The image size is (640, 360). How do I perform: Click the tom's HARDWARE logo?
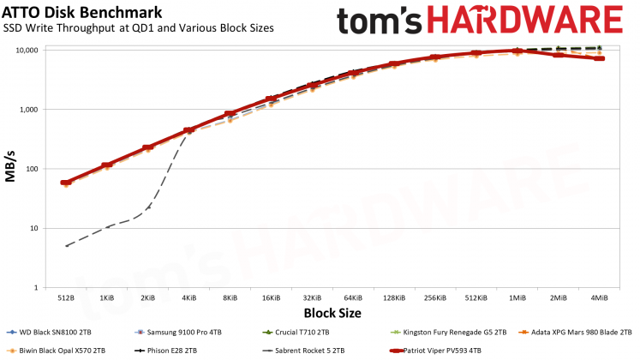click(479, 23)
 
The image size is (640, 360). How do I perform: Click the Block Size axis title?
click(332, 313)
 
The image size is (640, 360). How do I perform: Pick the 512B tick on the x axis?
click(66, 298)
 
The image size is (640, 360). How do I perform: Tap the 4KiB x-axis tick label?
click(189, 298)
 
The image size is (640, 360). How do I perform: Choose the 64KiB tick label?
click(353, 298)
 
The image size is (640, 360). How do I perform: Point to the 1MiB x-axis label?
click(517, 298)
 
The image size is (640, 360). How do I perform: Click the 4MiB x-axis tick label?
click(599, 298)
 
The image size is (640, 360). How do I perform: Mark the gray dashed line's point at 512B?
click(67, 246)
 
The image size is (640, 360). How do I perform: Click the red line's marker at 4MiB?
click(599, 58)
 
